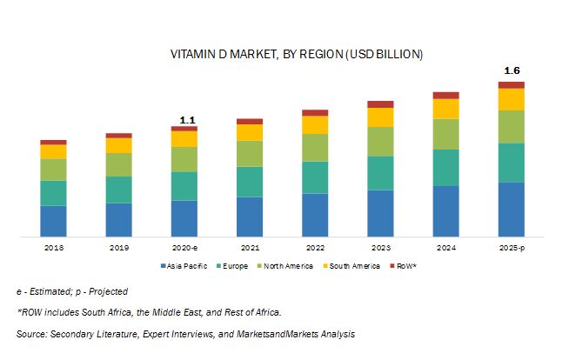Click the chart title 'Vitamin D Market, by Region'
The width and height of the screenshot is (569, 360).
[x=296, y=55]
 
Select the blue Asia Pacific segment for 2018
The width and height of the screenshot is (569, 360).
[x=53, y=220]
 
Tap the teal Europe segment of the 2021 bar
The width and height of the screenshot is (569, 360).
[x=250, y=181]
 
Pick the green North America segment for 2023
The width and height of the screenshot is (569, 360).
[x=380, y=141]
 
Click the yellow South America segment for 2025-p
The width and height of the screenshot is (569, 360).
[x=512, y=99]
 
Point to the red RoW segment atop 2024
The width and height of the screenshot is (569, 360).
[x=445, y=95]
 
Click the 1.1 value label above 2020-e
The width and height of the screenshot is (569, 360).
[x=185, y=119]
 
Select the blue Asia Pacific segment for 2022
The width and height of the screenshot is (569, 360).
[x=315, y=214]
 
